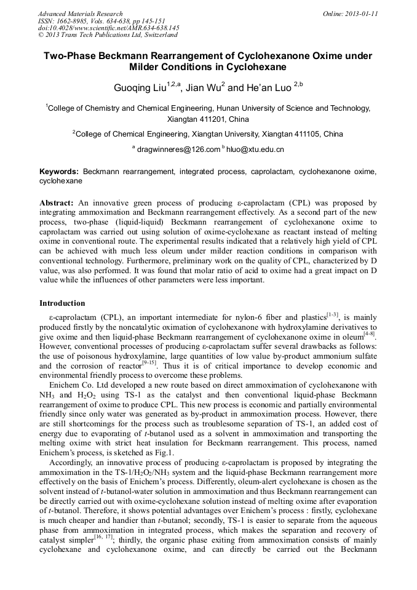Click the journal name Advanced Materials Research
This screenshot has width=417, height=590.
coord(80,14)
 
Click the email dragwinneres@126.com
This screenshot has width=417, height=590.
coord(178,149)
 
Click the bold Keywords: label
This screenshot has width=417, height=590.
coord(59,170)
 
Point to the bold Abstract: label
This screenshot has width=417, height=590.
coord(57,202)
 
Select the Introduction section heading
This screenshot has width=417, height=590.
coord(63,303)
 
